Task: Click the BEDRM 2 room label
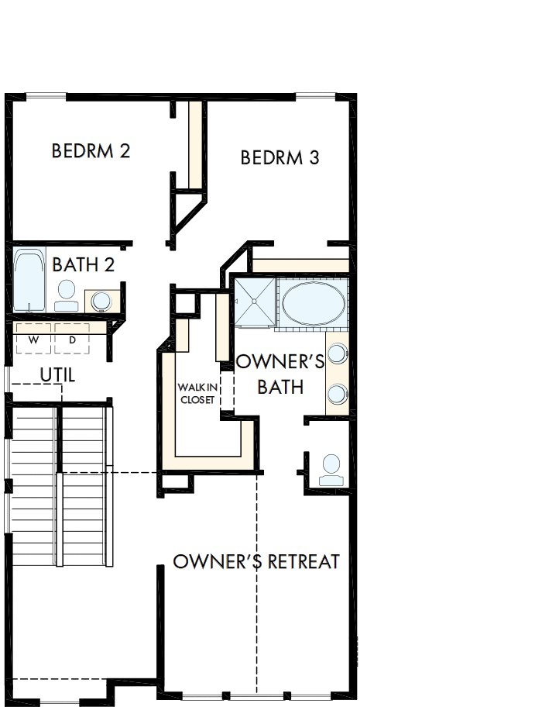(x=91, y=150)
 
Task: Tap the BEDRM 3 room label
(x=280, y=158)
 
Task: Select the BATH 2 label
(x=84, y=264)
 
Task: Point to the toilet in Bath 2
(x=67, y=295)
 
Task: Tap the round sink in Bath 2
(x=100, y=300)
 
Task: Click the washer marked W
(x=33, y=339)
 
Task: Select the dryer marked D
(x=72, y=339)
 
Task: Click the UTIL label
(x=58, y=375)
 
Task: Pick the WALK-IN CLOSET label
(x=197, y=393)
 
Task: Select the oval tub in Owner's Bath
(x=314, y=302)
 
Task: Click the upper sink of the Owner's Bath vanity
(x=338, y=355)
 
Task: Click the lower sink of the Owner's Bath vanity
(x=338, y=394)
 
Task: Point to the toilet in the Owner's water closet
(x=331, y=468)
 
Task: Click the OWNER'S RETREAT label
(x=256, y=561)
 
